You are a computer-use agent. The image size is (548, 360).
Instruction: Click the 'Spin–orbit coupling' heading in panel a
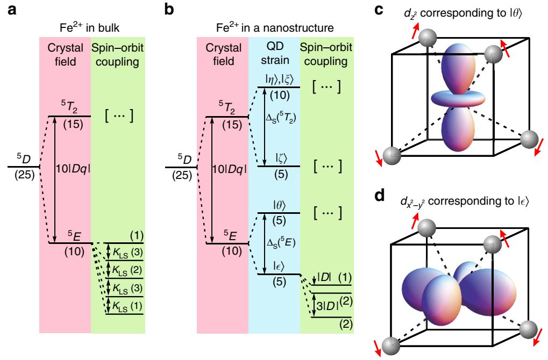118,54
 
